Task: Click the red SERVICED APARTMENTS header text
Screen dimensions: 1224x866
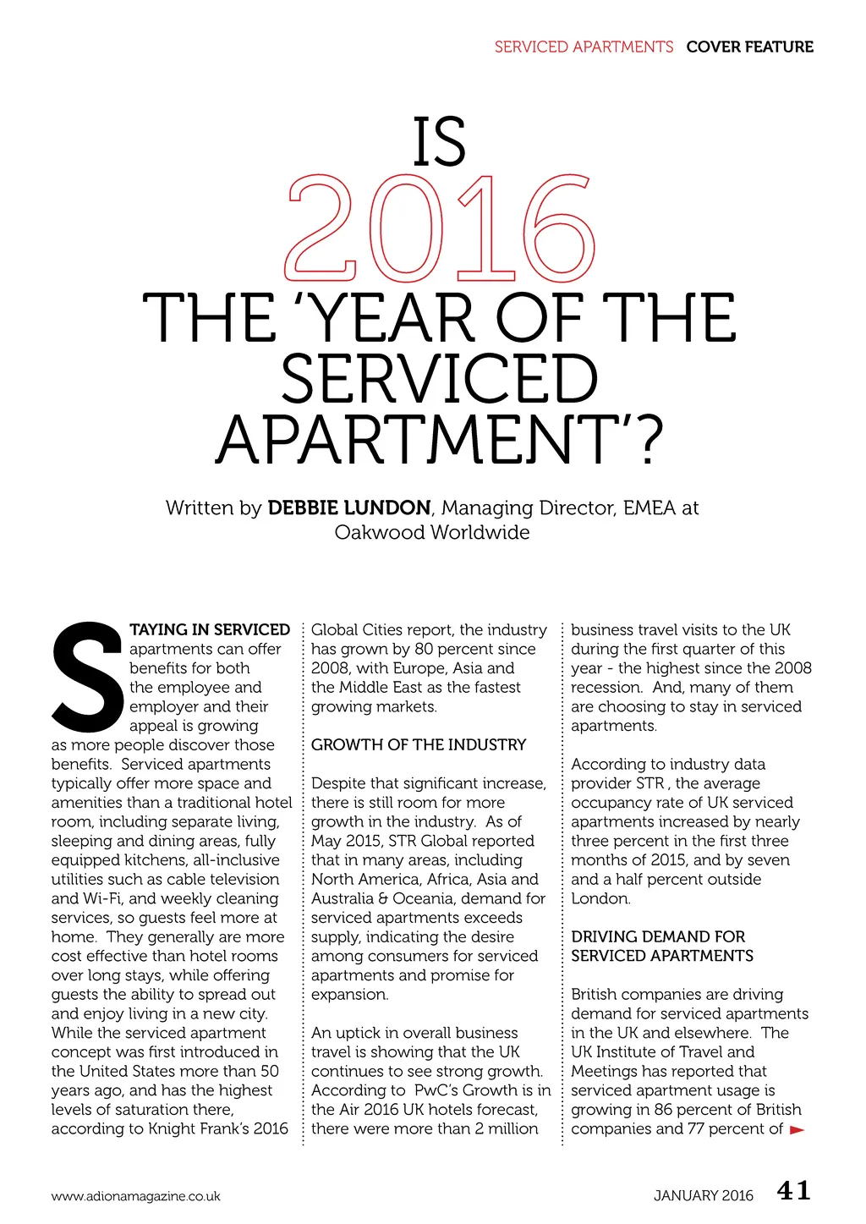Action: coord(584,47)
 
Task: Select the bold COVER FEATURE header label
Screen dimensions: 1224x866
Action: coord(749,47)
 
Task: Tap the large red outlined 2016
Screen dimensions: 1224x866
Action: coord(440,228)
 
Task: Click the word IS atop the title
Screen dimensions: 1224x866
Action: coord(440,142)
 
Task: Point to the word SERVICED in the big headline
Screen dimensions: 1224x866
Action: coord(440,379)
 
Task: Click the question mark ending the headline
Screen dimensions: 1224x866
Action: coord(647,441)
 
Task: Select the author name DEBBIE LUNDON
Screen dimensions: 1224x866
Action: coord(349,508)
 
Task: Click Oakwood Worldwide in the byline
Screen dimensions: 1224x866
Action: coord(432,533)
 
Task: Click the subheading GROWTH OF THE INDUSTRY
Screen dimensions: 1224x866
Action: coord(419,745)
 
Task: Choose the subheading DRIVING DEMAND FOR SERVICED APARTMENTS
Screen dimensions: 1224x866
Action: coord(662,947)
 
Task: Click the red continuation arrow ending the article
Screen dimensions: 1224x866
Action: coord(797,1130)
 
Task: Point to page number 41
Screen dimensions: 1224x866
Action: coord(794,1191)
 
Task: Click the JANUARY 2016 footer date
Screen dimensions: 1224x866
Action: coord(703,1196)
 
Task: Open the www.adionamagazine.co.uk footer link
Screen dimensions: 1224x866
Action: coord(135,1197)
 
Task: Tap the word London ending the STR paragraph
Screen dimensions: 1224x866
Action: coord(600,899)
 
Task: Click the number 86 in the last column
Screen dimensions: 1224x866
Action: coord(670,1110)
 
